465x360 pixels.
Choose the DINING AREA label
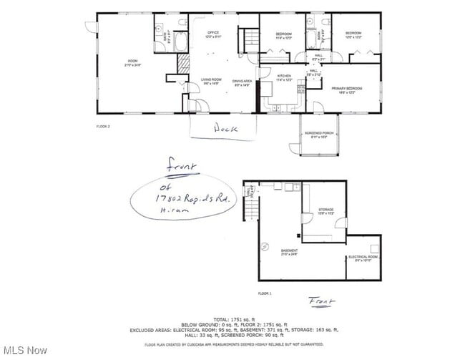(243, 83)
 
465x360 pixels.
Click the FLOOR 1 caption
(265, 293)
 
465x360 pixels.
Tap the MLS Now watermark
(25, 351)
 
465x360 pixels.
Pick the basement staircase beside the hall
(250, 209)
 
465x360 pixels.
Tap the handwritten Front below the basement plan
(321, 301)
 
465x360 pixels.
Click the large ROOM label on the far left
(132, 62)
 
